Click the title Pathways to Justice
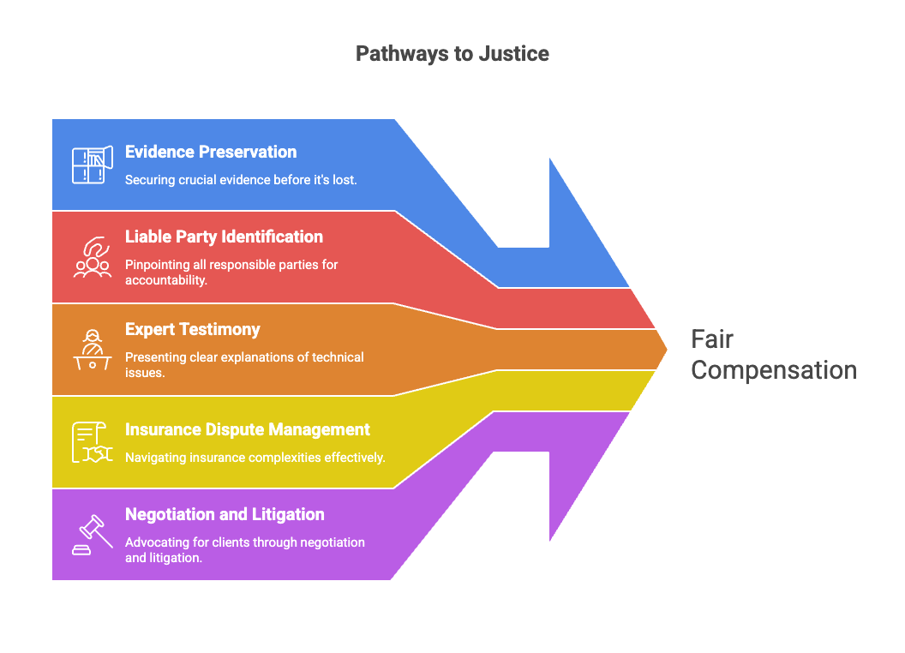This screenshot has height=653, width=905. click(x=452, y=54)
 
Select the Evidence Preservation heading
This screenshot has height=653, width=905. click(x=211, y=152)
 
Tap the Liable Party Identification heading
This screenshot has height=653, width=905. click(x=224, y=237)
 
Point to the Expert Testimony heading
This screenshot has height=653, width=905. click(x=193, y=329)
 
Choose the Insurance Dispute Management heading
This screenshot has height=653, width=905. click(x=248, y=429)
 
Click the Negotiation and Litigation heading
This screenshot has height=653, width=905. click(x=225, y=514)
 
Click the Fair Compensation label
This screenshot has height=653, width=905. click(x=773, y=355)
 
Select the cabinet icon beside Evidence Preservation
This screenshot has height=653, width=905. click(x=93, y=165)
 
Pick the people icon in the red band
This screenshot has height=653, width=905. click(x=93, y=257)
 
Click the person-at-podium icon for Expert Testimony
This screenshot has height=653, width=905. click(x=93, y=350)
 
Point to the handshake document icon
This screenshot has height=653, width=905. click(x=93, y=442)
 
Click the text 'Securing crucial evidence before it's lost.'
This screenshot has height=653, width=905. click(x=241, y=180)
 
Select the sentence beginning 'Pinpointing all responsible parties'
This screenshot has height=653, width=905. click(x=231, y=273)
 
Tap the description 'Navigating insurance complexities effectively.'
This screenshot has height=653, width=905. click(x=255, y=458)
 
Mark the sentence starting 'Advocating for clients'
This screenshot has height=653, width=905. click(x=245, y=550)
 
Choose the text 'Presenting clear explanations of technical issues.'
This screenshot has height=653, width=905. click(x=244, y=365)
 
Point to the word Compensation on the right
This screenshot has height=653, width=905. click(x=774, y=371)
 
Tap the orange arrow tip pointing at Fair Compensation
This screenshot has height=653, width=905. click(x=667, y=350)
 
